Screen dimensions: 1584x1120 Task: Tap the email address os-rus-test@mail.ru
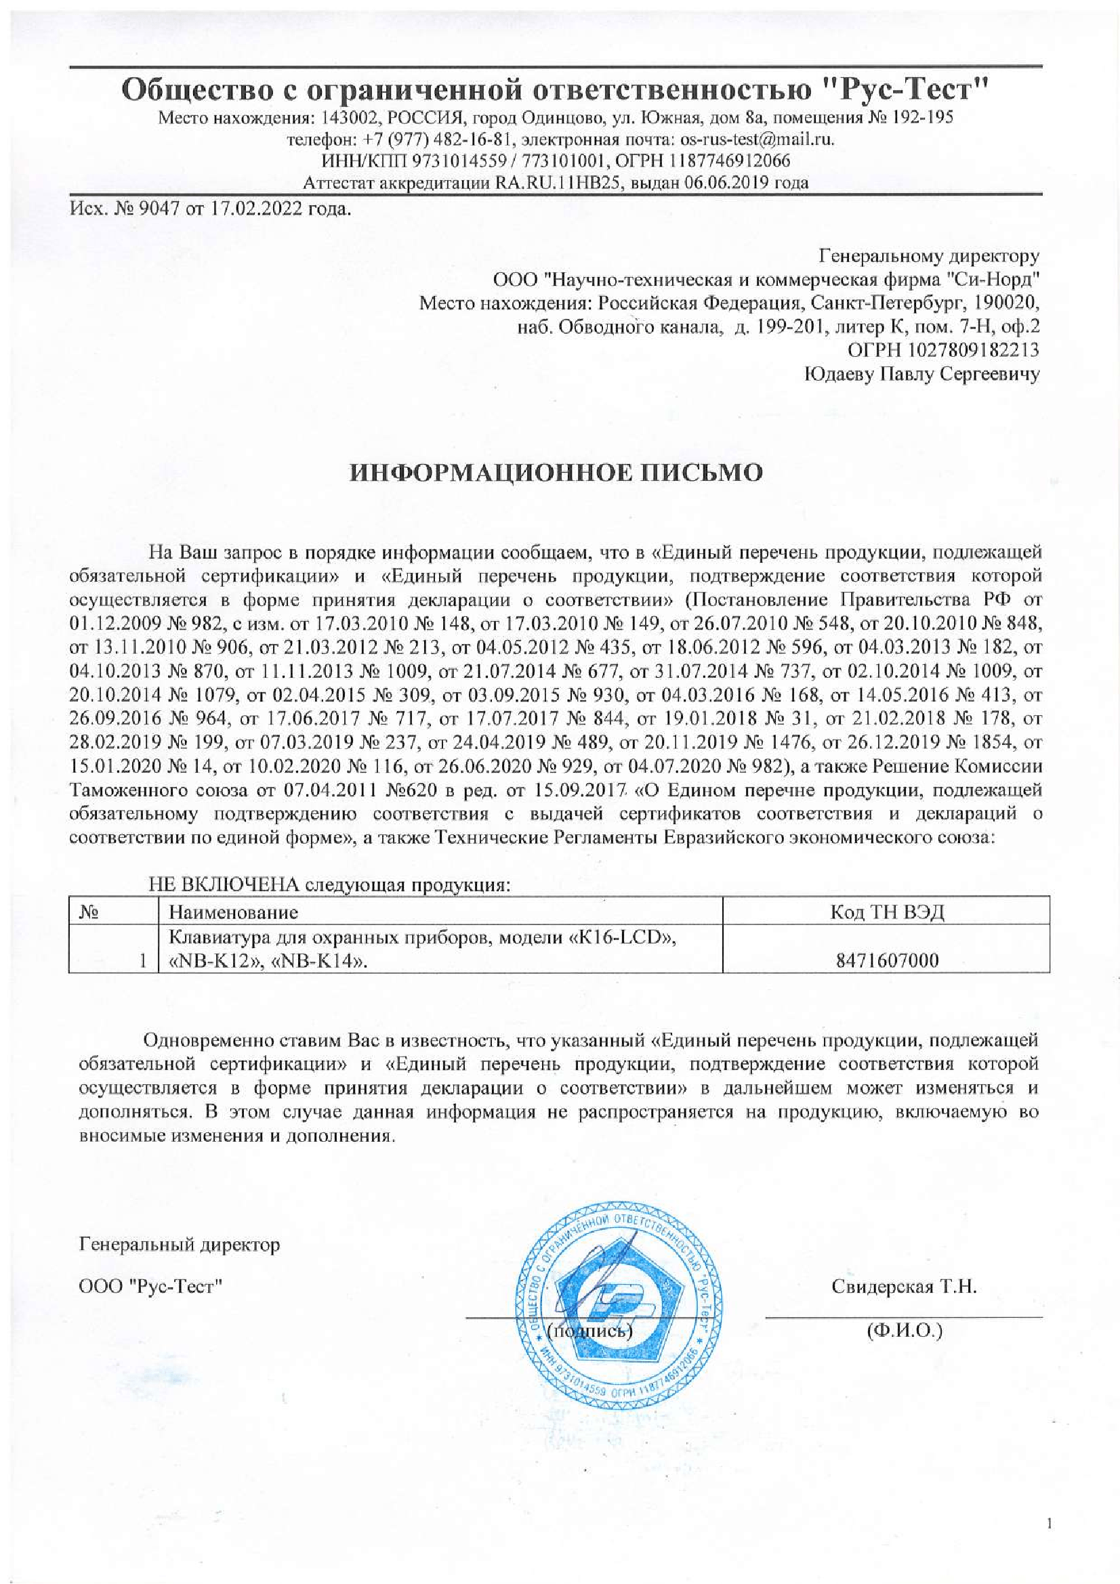tap(757, 139)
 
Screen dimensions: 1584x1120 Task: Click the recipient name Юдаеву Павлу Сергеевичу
tap(922, 374)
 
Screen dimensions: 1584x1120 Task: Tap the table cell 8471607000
tap(886, 960)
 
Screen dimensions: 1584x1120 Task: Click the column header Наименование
tap(234, 912)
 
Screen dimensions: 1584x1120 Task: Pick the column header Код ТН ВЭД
tap(886, 912)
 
